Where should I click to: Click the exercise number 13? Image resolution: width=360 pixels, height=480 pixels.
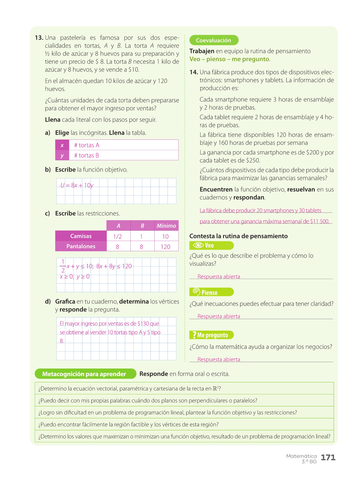pos(39,38)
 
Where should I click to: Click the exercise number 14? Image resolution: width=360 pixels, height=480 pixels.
pos(194,72)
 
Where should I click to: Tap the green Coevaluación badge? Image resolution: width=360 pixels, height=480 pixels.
pos(214,40)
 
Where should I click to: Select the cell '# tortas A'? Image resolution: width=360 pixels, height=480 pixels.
pos(87,145)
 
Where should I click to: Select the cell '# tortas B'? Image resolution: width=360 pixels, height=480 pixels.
pos(86,155)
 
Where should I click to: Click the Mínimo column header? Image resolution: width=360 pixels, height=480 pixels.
pos(166,226)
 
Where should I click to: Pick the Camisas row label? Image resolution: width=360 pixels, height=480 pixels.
pos(81,236)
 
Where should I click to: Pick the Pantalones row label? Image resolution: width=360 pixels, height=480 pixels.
pos(81,246)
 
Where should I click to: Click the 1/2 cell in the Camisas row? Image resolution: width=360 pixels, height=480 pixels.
pos(117,237)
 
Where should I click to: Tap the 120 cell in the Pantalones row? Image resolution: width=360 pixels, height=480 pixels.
pos(165,247)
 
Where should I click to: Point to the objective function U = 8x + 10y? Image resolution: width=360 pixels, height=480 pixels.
pos(77,185)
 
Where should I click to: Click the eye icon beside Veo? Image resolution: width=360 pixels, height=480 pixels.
pos(198,245)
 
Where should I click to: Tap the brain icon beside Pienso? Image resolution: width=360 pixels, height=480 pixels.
pos(196,292)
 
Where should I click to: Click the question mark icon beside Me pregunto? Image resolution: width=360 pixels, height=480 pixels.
pos(194,335)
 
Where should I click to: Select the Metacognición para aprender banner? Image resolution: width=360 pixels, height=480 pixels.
pos(84,374)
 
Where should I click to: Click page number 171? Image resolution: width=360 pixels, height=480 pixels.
pos(328,458)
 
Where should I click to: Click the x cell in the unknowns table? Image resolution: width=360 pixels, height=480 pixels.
pos(62,145)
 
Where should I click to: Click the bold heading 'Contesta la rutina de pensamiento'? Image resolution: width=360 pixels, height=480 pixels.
pos(238,236)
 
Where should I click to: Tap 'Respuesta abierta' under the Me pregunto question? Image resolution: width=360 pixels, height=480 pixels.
pos(219,359)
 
